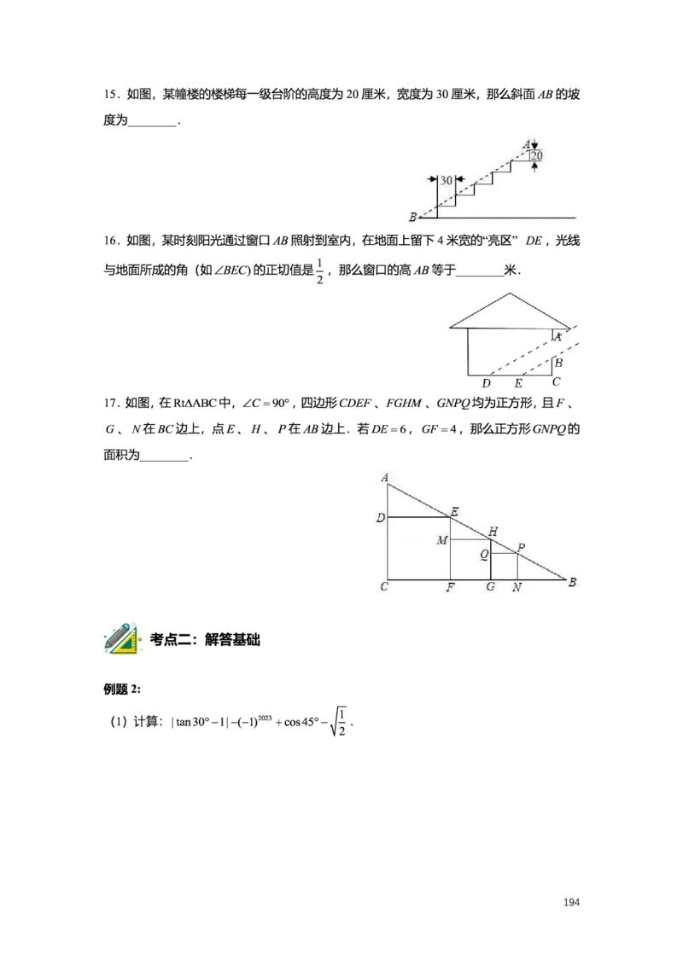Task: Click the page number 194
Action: click(571, 902)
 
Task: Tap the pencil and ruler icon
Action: click(121, 638)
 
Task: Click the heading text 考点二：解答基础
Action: click(205, 639)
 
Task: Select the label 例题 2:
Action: click(122, 690)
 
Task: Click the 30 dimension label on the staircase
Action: click(447, 180)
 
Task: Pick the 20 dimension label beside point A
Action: click(537, 156)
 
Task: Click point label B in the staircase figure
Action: click(412, 217)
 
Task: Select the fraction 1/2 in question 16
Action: click(319, 271)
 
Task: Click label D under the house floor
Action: click(487, 383)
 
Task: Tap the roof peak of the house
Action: click(510, 294)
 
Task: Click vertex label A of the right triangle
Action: click(385, 478)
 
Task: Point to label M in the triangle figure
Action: click(442, 540)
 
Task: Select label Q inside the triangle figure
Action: click(484, 555)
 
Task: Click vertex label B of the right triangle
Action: click(572, 582)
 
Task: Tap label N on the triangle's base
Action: click(517, 587)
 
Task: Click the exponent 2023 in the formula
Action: click(265, 718)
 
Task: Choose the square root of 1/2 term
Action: click(338, 721)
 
